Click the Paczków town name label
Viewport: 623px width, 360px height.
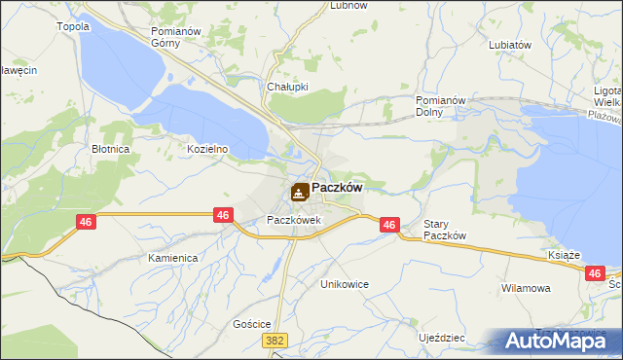coord(337,189)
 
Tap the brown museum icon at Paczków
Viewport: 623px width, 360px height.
coord(300,192)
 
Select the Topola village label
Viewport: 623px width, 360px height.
coord(74,26)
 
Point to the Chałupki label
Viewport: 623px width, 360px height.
coord(287,87)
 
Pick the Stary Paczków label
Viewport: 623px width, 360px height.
coord(446,231)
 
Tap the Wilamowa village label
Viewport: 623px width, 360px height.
coord(526,289)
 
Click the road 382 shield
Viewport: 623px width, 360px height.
coord(275,340)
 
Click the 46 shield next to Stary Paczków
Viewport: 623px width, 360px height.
coord(389,225)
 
